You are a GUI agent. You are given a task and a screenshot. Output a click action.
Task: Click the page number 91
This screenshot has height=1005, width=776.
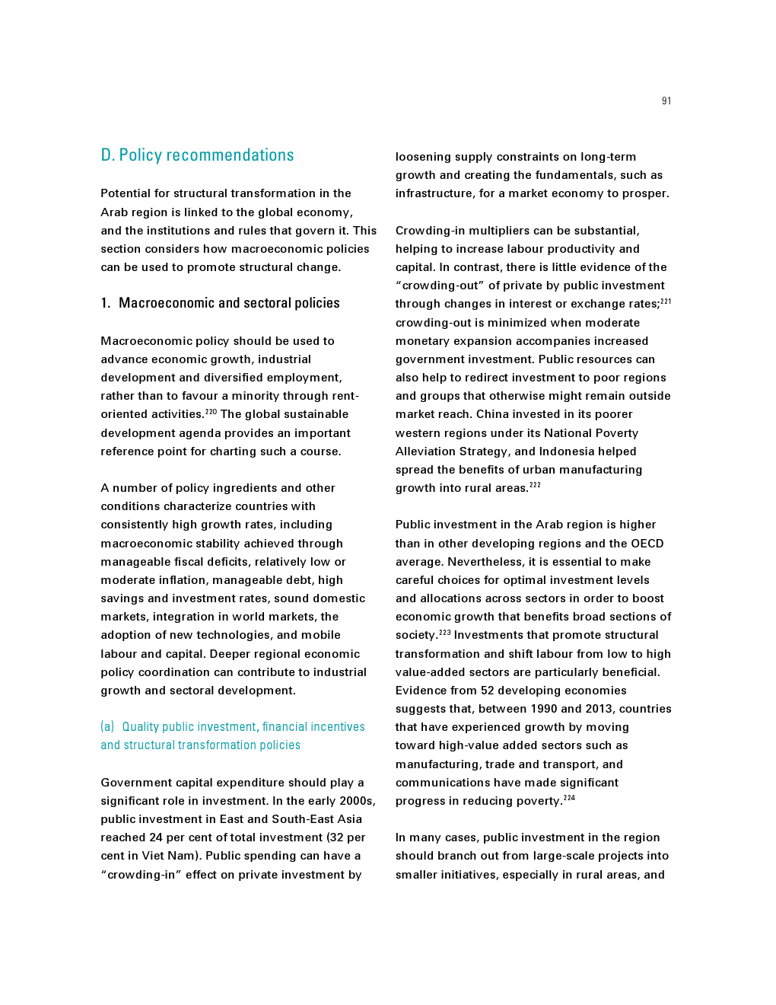click(666, 101)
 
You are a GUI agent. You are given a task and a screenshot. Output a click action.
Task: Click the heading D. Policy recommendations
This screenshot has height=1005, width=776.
click(197, 155)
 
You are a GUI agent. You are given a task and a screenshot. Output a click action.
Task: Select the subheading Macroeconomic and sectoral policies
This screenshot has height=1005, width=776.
click(229, 303)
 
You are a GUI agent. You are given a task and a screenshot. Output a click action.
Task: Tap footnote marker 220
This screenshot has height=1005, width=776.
click(211, 412)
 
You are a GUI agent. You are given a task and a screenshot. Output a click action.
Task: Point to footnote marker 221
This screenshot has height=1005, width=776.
click(666, 301)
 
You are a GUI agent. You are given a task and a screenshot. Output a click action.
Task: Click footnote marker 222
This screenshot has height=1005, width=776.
click(535, 485)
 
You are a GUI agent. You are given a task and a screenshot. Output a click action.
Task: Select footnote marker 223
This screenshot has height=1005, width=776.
click(445, 632)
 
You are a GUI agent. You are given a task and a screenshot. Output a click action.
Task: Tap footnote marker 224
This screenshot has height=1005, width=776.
click(569, 798)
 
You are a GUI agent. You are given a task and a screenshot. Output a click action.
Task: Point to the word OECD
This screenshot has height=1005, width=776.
click(647, 544)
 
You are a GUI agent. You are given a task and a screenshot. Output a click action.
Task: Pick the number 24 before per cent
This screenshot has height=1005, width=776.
click(156, 837)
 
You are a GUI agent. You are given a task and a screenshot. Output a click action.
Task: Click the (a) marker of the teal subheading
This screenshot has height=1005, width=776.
click(107, 727)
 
